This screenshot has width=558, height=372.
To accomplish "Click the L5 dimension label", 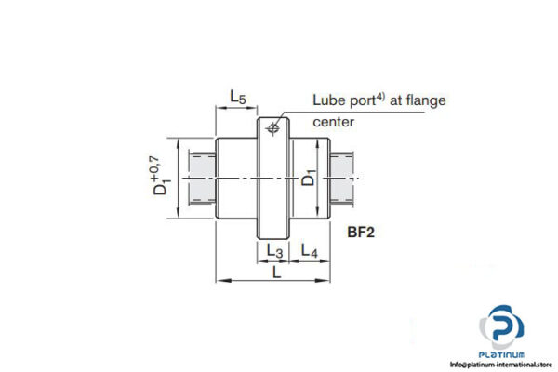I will tap(237, 97).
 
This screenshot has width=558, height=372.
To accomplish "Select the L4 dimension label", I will tap(310, 251).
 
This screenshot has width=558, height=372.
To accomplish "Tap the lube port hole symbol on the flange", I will tap(273, 128).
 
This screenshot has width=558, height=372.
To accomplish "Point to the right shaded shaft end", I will tap(346, 178).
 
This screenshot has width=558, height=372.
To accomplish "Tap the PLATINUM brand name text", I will tap(504, 354).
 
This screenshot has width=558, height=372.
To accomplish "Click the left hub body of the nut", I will tap(237, 178).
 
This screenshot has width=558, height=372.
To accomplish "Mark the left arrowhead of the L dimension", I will tap(220, 279).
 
